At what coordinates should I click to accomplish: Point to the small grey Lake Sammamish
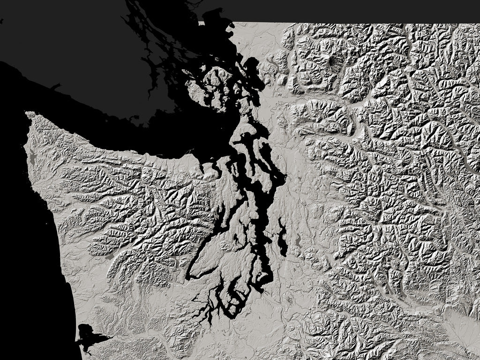tap(297, 241)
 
